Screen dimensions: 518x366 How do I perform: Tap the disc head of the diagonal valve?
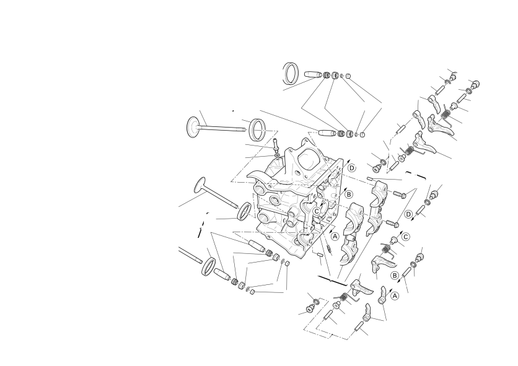pyautogui.click(x=201, y=185)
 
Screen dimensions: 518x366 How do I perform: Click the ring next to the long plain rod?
pyautogui.click(x=208, y=266)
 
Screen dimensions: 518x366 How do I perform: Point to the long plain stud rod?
pyautogui.click(x=190, y=255)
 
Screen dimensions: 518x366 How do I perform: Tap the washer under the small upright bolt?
pyautogui.click(x=276, y=155)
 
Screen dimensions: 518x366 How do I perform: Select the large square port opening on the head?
pyautogui.click(x=309, y=159)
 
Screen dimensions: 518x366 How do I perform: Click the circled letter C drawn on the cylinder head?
pyautogui.click(x=317, y=211)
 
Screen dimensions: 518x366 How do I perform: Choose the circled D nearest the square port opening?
pyautogui.click(x=352, y=168)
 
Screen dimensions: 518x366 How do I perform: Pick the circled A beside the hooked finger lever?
pyautogui.click(x=395, y=296)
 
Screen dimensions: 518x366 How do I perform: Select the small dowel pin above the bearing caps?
pyautogui.click(x=370, y=178)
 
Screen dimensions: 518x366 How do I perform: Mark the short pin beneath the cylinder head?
pyautogui.click(x=320, y=255)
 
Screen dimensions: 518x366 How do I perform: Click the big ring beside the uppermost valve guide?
pyautogui.click(x=291, y=73)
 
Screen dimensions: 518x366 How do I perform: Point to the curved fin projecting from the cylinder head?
pyautogui.click(x=258, y=176)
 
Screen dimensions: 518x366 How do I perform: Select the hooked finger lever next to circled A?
pyautogui.click(x=382, y=295)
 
